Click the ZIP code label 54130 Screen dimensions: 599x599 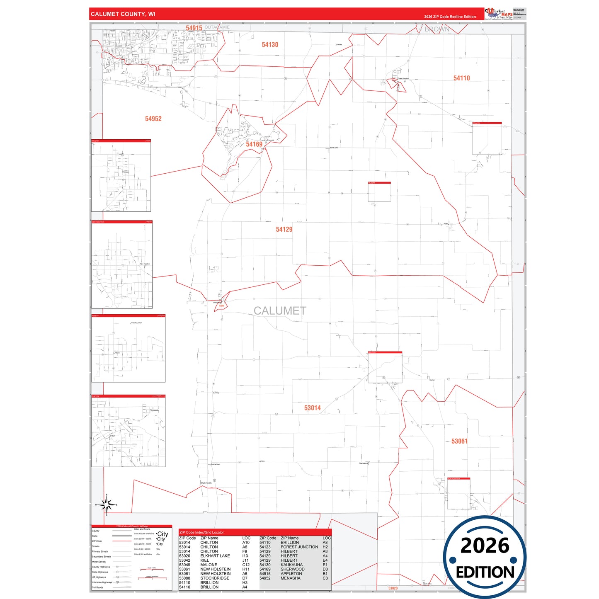point(270,45)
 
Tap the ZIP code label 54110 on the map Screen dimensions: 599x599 point(461,78)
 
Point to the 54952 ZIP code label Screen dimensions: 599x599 point(153,119)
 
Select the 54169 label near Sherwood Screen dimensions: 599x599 point(254,144)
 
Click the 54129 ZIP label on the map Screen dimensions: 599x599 point(284,230)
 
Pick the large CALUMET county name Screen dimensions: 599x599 point(280,311)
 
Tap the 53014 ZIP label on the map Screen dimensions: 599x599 point(312,408)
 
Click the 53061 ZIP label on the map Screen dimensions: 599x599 point(459,441)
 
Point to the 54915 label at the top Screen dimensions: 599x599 point(194,28)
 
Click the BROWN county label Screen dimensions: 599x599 point(437,29)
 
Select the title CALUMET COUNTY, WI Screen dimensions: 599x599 point(123,14)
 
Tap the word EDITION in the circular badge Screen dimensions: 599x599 point(485,572)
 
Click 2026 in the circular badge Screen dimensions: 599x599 point(485,546)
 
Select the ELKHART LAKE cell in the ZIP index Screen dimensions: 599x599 point(215,556)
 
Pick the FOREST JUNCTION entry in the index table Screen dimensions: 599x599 point(299,547)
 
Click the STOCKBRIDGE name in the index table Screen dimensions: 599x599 point(215,578)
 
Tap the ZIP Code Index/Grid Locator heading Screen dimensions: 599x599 point(201,532)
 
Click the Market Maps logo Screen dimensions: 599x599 point(499,14)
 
